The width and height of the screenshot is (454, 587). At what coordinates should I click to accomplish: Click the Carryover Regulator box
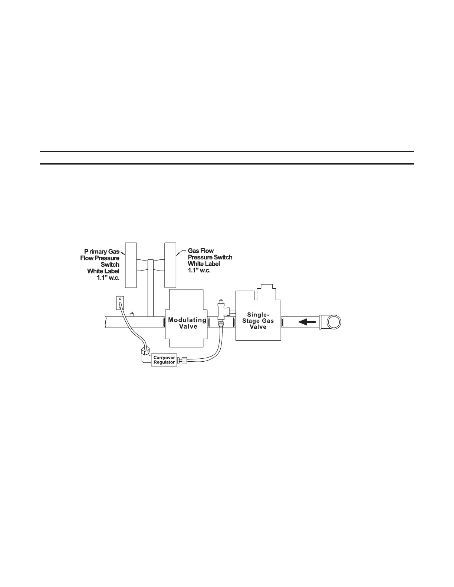tap(164, 360)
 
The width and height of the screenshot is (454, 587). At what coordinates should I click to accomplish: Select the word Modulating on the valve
tap(187, 320)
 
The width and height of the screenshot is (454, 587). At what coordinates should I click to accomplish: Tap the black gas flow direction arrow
tap(308, 321)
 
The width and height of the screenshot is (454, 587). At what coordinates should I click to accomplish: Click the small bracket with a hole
tap(120, 302)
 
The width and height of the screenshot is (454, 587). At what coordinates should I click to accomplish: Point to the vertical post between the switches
tap(150, 288)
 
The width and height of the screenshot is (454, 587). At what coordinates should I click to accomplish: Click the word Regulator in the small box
tap(164, 362)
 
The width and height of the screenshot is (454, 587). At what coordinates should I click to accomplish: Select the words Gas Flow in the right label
tap(201, 251)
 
